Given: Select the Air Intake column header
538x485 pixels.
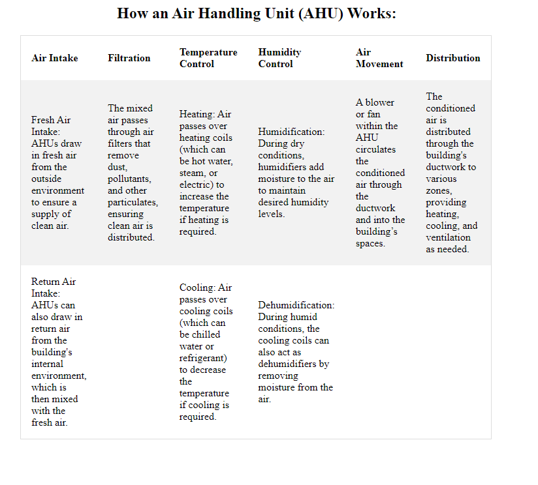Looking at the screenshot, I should tap(54, 58).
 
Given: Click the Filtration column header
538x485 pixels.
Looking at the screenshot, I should tap(129, 58).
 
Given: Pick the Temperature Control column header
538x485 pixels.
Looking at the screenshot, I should tap(208, 58).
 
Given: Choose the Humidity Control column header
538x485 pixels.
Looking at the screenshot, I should tap(279, 58).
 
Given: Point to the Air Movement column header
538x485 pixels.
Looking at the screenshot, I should tap(379, 58).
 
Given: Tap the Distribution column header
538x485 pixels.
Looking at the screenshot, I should tap(453, 58).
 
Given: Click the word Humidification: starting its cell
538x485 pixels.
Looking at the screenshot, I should tap(291, 132).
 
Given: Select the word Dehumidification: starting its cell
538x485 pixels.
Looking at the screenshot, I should tap(296, 305).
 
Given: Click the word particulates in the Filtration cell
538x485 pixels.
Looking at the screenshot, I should tap(133, 202).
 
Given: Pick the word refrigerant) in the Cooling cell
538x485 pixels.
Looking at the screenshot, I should tap(203, 358).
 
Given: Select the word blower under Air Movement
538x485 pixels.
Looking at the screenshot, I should tap(379, 102).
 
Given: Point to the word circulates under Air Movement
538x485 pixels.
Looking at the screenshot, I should tap(375, 149).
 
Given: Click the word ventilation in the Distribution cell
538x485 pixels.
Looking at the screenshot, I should tap(448, 237).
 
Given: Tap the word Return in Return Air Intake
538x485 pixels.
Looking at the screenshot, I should tap(45, 282).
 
